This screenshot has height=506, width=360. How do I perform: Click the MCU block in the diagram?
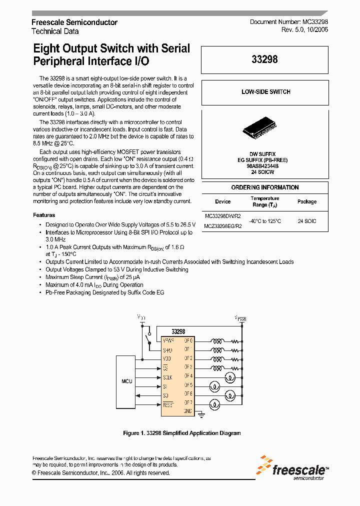coord(127,381)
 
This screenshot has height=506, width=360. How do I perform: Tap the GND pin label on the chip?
coord(188,411)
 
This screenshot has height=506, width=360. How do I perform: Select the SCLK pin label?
coord(168,376)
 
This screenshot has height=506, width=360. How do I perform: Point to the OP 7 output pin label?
coord(188,402)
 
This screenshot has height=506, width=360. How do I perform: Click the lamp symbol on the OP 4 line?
coord(230,376)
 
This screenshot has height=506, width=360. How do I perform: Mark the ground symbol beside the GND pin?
coord(200,414)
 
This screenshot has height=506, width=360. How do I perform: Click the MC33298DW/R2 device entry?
coord(222,216)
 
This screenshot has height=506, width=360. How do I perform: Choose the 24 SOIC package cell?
coord(307,220)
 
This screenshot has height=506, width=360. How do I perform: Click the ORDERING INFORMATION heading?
coord(265,187)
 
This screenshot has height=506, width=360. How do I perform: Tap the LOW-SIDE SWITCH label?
coord(265,92)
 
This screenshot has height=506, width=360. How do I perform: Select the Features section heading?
coord(44,215)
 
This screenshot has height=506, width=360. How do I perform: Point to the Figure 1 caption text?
coord(181,433)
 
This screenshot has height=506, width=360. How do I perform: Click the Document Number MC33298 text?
coord(288,22)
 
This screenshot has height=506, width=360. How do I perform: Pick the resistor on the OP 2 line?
coord(233,358)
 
